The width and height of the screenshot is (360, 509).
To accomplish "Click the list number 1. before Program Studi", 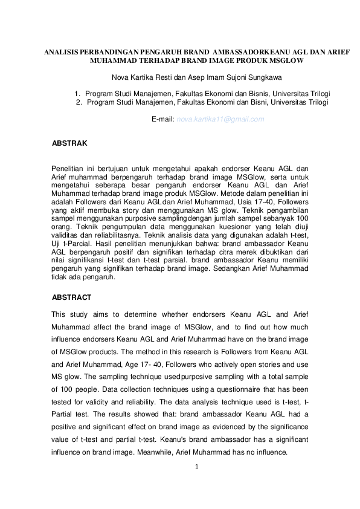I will [x=77, y=94].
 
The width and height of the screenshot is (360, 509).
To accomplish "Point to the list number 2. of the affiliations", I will [x=79, y=102].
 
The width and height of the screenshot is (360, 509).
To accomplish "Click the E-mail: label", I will [x=162, y=119].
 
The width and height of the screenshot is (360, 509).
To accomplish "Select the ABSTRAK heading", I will [x=70, y=143].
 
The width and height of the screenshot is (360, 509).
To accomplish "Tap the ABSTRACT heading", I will [x=72, y=297].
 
